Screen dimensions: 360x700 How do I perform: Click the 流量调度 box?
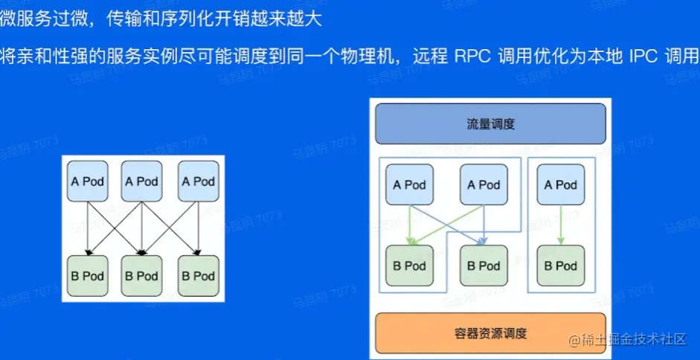coord(490,123)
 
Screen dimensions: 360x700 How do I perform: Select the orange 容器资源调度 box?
coord(490,332)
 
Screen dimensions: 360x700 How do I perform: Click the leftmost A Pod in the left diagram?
coord(88,181)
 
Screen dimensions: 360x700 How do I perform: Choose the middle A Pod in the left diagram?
coord(141,181)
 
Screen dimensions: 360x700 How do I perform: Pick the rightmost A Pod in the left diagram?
coord(197,181)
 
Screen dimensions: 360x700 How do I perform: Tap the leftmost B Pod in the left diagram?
coord(88,275)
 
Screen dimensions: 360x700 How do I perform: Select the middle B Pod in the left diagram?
coord(141,275)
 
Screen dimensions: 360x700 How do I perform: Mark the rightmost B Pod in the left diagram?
coord(197,275)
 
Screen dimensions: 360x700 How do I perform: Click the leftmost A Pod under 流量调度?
coord(409,184)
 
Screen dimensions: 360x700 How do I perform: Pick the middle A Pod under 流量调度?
coord(484,184)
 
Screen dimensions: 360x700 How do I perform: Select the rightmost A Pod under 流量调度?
coord(559,184)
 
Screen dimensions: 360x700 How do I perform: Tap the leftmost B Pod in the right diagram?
coord(409,266)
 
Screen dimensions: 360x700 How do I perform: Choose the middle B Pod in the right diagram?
coord(484,266)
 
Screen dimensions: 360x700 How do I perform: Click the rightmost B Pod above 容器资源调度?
coord(559,266)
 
